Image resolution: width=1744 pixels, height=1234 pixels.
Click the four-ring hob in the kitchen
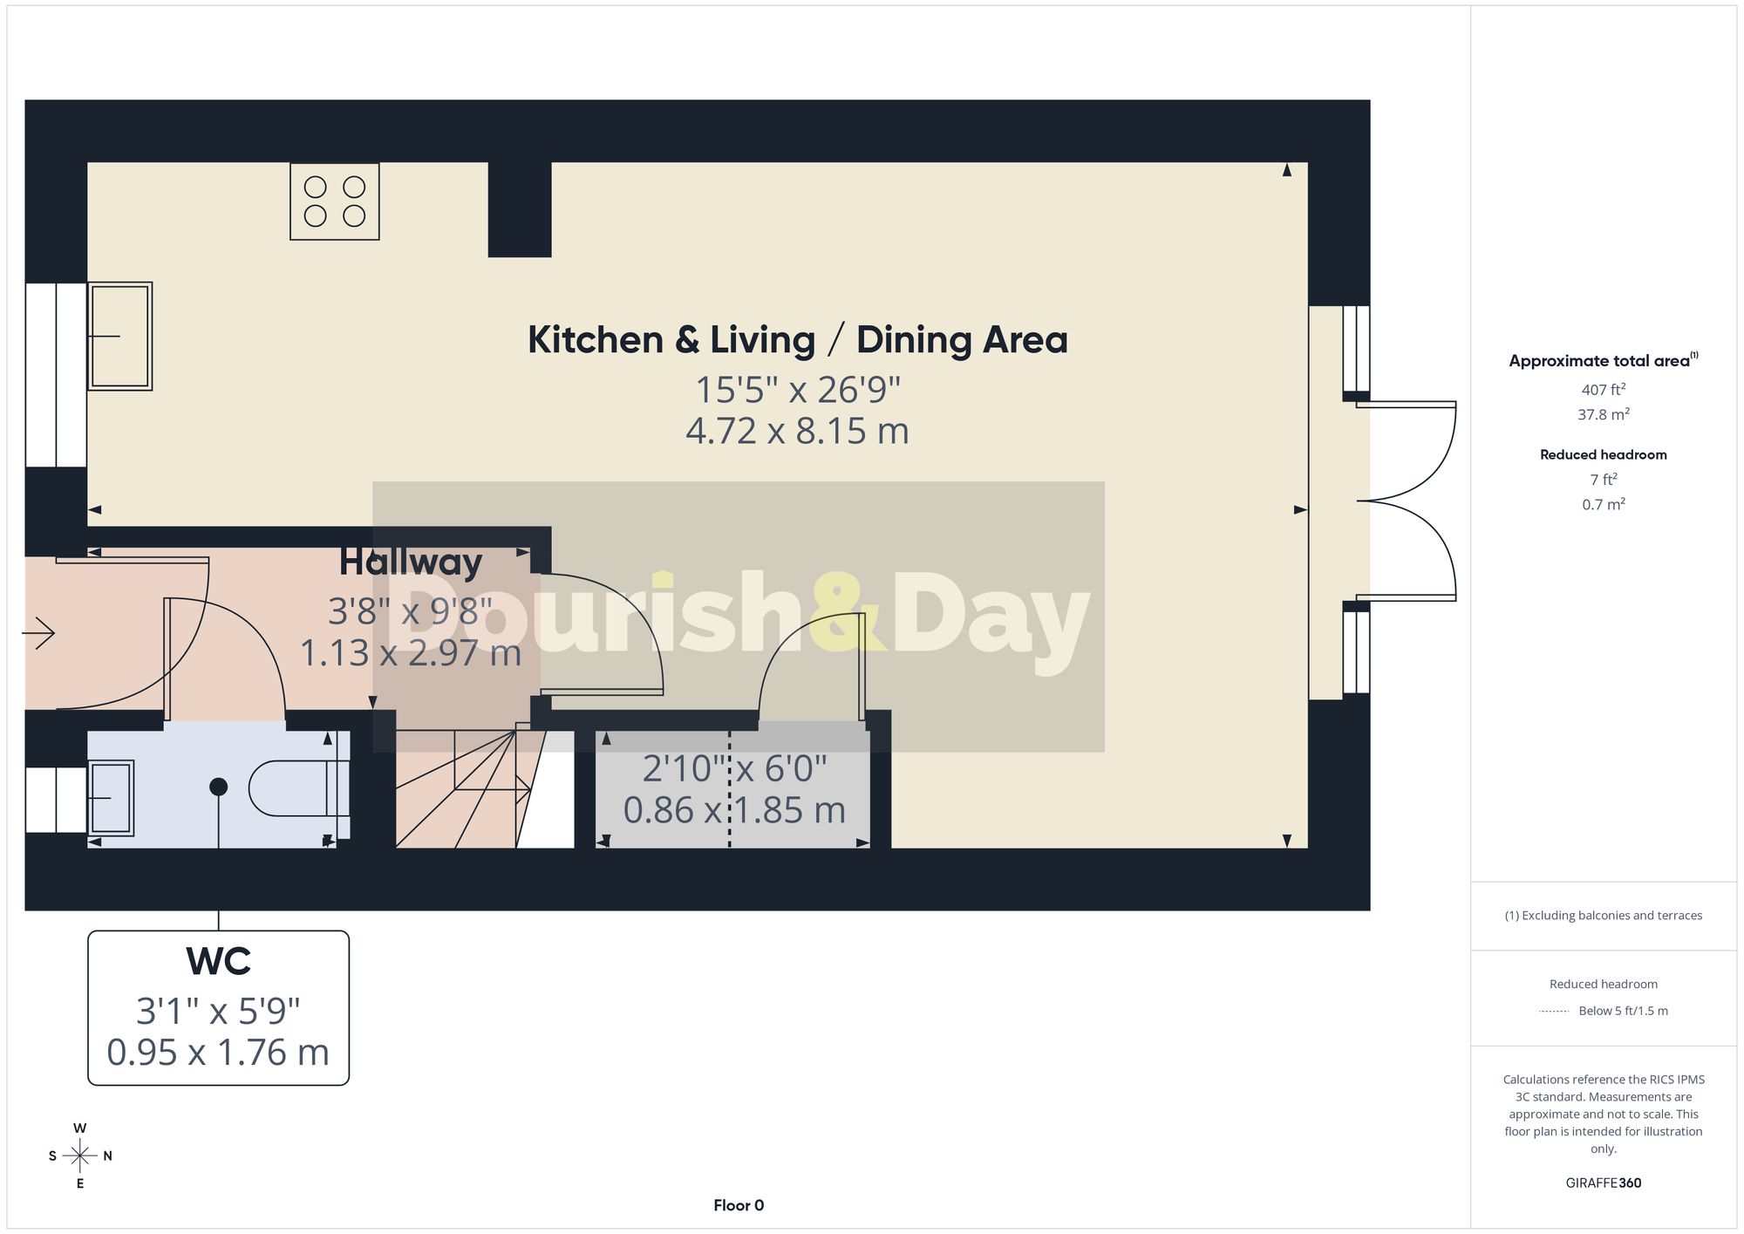click(335, 201)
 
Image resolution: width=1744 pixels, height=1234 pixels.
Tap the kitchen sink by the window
click(120, 336)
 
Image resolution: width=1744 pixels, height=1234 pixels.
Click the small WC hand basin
click(111, 798)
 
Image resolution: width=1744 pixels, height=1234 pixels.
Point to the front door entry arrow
click(38, 633)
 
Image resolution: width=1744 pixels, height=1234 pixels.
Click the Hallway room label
click(411, 562)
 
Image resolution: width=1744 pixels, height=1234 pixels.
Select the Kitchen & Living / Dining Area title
click(798, 340)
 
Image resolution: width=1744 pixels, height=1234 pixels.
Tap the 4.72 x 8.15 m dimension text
click(797, 431)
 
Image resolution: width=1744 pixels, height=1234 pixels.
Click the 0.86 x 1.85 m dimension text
click(734, 810)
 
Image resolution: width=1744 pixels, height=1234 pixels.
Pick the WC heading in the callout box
click(219, 961)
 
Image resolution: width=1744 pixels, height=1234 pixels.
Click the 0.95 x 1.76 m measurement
click(218, 1053)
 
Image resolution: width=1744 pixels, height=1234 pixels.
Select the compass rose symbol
click(80, 1156)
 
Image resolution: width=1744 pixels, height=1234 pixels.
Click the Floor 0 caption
click(739, 1205)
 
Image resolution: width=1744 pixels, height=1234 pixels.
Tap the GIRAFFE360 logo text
click(1604, 1183)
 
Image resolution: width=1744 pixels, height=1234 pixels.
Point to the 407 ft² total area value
click(1604, 390)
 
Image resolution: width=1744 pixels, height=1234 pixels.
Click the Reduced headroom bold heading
click(1604, 454)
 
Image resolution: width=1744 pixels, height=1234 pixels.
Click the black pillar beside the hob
click(520, 209)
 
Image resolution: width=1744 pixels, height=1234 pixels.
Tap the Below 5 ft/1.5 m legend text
click(1623, 1011)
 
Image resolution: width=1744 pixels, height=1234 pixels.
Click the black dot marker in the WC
click(219, 787)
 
